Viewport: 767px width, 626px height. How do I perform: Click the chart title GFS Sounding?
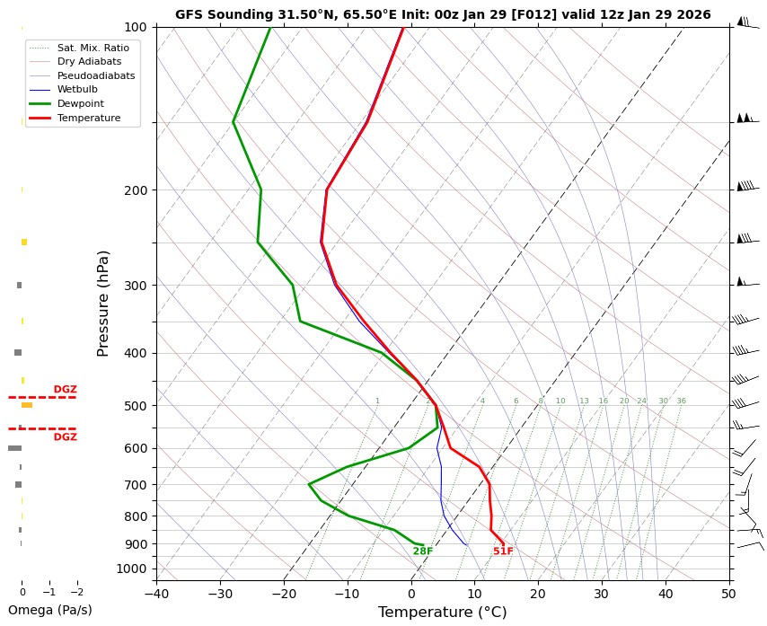[443, 14]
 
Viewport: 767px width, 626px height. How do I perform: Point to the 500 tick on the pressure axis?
[135, 406]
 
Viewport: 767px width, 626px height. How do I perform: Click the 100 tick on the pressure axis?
[135, 27]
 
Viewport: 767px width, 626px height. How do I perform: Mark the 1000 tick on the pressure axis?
[132, 569]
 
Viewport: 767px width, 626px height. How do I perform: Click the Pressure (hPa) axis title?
[103, 303]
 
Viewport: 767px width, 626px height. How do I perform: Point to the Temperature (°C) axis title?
[442, 613]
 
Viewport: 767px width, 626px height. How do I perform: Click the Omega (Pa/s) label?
[49, 611]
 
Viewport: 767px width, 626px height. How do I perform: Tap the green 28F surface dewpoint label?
[423, 551]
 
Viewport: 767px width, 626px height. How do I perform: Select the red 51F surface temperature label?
[503, 551]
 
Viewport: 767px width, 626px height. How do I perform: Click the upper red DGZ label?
[65, 390]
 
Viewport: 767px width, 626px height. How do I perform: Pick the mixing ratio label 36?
[681, 401]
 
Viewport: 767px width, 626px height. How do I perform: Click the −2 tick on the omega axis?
[76, 593]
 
